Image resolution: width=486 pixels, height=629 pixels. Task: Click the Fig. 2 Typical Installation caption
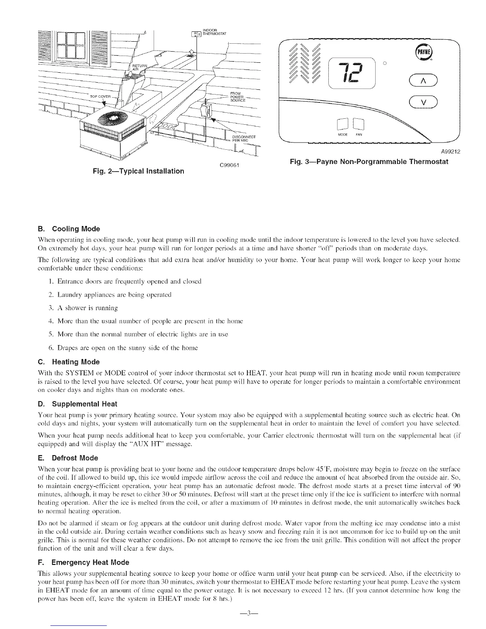point(137,171)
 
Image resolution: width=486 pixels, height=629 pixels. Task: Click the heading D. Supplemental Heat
point(77,404)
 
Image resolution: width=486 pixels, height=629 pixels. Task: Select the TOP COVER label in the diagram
point(99,96)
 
